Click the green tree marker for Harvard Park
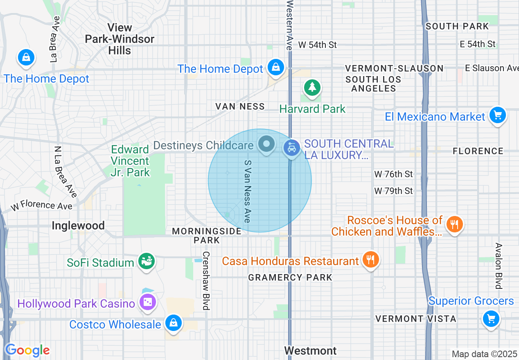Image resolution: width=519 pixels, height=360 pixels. pos(312,87)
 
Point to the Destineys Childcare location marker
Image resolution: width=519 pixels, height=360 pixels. pos(267,144)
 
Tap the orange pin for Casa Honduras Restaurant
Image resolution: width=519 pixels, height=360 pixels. pos(370,259)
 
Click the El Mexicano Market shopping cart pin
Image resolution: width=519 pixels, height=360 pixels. pos(497,116)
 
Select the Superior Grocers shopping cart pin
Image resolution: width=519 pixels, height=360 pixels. pos(491,318)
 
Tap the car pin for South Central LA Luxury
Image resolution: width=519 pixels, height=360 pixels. pos(291,148)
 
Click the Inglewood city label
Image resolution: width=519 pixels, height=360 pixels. pos(78,225)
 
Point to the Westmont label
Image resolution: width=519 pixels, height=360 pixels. pos(310,351)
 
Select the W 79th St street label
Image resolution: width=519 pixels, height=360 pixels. pos(393,191)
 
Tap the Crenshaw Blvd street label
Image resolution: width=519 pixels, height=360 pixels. pos(206,280)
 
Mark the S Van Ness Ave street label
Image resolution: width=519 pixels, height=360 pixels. pos(247,191)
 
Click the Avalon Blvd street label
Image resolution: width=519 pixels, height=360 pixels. pos(498,266)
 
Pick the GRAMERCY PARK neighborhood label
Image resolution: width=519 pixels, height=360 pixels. pos(290,277)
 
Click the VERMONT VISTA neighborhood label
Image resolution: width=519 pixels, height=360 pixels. pos(415,318)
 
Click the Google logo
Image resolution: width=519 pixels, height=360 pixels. pos(27,350)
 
